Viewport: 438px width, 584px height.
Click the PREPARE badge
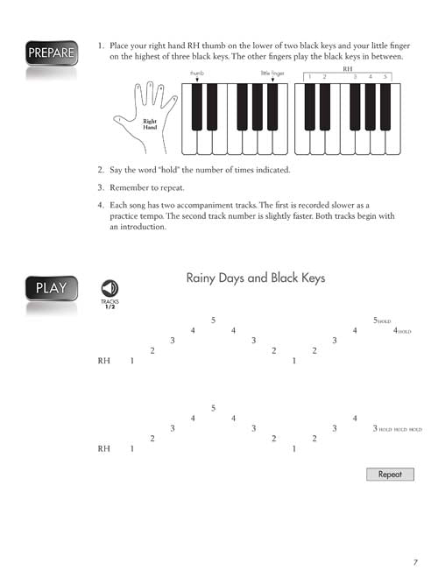click(x=52, y=53)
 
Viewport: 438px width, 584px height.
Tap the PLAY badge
click(x=52, y=288)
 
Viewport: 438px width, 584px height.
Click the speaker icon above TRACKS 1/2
click(x=109, y=288)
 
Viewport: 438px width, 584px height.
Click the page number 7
click(x=415, y=562)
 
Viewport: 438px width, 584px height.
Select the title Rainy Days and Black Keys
click(x=256, y=278)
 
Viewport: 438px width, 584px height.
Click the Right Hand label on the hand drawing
click(x=150, y=124)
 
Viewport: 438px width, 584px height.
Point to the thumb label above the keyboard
click(x=197, y=73)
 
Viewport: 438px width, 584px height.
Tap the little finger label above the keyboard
click(x=272, y=73)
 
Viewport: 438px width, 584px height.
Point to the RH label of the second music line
click(x=104, y=449)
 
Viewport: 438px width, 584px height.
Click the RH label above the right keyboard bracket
click(x=348, y=69)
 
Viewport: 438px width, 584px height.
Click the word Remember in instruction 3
click(x=129, y=187)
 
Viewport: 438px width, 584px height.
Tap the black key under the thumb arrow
click(x=197, y=107)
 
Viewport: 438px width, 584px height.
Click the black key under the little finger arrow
click(x=272, y=107)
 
